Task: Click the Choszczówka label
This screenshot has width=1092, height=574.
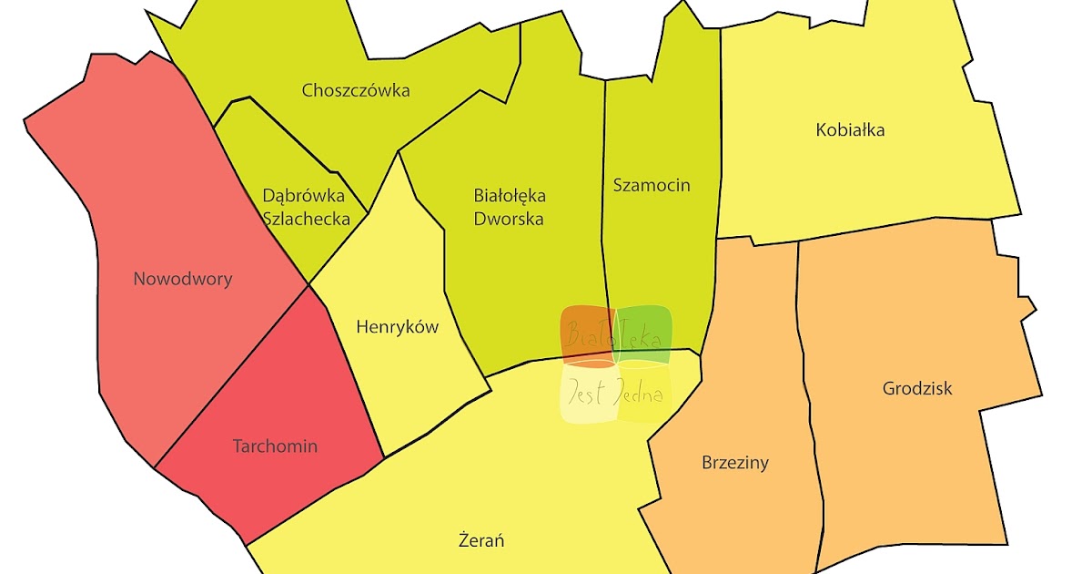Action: [356, 90]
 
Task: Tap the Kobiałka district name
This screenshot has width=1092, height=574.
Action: [851, 129]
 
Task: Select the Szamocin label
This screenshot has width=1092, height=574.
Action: [652, 185]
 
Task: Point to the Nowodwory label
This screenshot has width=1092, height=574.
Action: [182, 279]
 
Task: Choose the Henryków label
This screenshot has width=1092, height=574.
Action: [397, 326]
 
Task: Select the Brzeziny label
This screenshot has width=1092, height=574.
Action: [735, 462]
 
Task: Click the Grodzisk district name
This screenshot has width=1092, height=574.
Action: [917, 388]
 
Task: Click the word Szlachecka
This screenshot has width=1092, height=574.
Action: [306, 218]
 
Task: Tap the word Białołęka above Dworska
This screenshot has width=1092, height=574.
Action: [510, 195]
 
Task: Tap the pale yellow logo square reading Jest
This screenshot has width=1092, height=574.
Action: [588, 394]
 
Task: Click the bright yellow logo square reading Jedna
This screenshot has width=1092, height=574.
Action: [645, 394]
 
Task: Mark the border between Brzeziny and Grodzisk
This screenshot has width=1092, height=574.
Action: [805, 383]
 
